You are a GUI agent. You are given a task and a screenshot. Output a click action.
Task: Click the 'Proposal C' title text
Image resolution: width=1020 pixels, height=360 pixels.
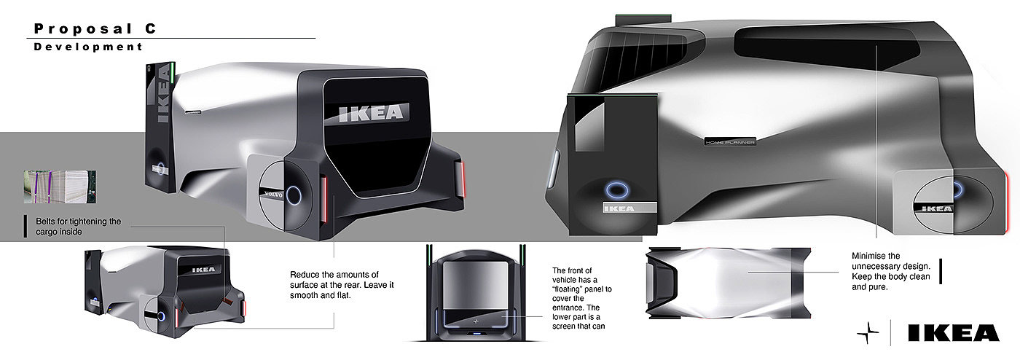95,28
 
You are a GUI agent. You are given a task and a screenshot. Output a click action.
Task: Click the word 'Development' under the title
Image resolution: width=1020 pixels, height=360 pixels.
88,47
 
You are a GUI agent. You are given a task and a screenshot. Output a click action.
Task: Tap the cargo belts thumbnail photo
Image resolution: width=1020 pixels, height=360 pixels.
60,187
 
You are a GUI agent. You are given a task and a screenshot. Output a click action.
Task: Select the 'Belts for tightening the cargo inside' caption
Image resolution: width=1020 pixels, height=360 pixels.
79,227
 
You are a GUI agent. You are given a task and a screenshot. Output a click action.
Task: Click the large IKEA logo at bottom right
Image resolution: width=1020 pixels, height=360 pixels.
954,333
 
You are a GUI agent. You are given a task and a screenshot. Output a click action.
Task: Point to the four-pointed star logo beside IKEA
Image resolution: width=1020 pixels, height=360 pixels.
868,333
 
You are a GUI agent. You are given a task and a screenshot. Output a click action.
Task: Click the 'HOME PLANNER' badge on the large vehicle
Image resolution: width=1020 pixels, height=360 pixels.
730,142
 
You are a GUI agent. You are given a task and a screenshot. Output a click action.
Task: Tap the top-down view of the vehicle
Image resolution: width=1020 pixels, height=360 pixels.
728,283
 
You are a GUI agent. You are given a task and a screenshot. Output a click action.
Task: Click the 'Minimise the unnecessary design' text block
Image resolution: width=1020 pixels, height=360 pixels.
890,271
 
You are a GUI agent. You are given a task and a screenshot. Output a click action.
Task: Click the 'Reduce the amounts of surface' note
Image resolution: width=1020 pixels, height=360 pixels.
342,285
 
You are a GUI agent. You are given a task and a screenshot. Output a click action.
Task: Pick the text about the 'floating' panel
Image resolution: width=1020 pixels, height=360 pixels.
581,298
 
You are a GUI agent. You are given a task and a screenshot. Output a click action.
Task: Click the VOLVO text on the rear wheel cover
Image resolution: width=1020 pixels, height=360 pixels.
273,194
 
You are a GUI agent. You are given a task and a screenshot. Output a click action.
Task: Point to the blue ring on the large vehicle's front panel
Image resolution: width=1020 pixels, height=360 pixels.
617,190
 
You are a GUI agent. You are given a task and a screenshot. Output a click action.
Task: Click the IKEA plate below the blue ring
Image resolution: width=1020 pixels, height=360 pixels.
629,208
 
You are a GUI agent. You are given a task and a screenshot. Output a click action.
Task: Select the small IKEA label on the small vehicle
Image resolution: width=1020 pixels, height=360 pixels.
203,270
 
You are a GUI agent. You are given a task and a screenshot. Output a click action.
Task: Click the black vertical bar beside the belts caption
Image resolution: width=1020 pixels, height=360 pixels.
25,227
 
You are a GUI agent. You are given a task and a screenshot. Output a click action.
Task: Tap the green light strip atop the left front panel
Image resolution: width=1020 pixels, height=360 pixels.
173,74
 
